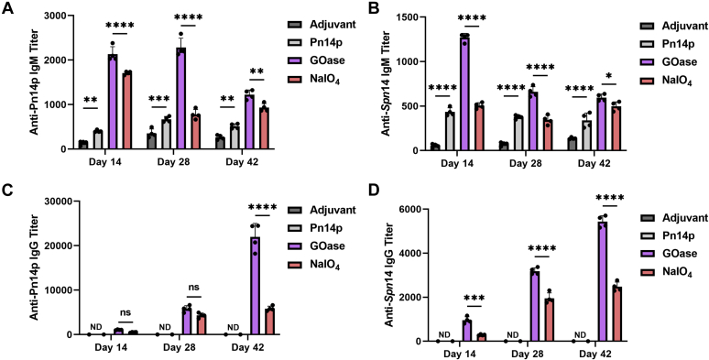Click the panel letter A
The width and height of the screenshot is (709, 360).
coord(7,7)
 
